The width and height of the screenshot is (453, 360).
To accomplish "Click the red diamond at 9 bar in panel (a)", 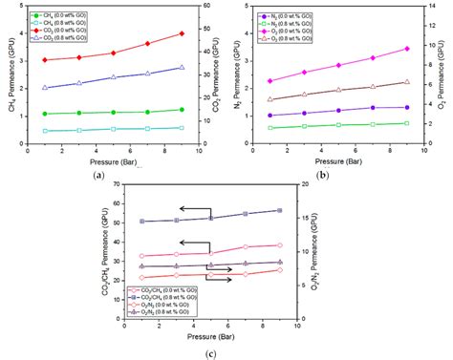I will [182, 33].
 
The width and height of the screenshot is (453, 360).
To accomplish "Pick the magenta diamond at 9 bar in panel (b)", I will [406, 49].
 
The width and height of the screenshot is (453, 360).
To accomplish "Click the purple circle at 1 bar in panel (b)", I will [270, 116].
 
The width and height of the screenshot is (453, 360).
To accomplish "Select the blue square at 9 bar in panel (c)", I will [279, 210].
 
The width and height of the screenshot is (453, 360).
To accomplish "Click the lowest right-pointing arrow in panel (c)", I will [222, 281].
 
